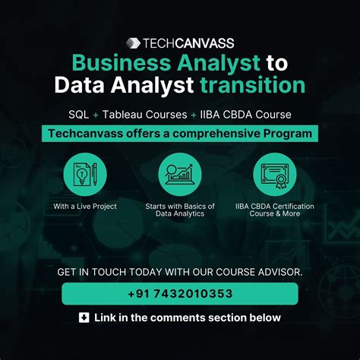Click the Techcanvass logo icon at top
133,43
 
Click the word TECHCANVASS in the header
187,43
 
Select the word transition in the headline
251,84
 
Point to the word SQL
78,115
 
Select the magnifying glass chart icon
180,173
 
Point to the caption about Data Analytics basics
180,210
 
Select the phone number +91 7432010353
179,293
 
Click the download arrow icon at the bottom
84,317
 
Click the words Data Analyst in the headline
114,84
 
